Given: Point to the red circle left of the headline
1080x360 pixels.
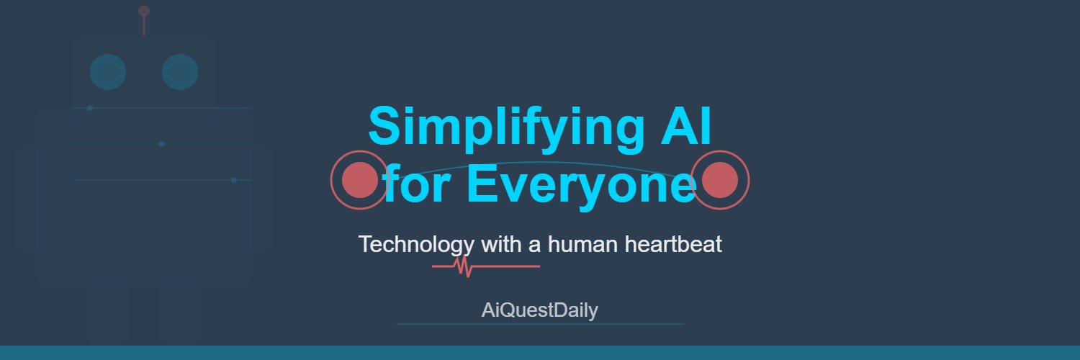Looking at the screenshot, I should pyautogui.click(x=359, y=180).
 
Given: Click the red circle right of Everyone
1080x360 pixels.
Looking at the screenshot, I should pyautogui.click(x=720, y=180).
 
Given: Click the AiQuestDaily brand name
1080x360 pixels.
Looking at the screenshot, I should pyautogui.click(x=539, y=310).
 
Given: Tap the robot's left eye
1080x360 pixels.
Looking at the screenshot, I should pyautogui.click(x=108, y=72).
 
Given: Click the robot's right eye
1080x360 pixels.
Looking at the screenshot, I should pyautogui.click(x=180, y=72).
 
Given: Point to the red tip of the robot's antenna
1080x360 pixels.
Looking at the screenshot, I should pyautogui.click(x=144, y=11).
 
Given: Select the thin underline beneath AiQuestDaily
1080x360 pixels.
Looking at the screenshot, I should pyautogui.click(x=540, y=324).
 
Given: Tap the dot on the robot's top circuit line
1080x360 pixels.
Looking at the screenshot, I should pyautogui.click(x=90, y=108).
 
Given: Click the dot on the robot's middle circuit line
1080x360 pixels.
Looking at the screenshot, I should pyautogui.click(x=162, y=144).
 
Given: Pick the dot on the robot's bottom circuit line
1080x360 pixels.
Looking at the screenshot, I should pyautogui.click(x=234, y=180).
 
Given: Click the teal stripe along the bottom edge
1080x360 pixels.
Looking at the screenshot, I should pyautogui.click(x=540, y=353).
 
